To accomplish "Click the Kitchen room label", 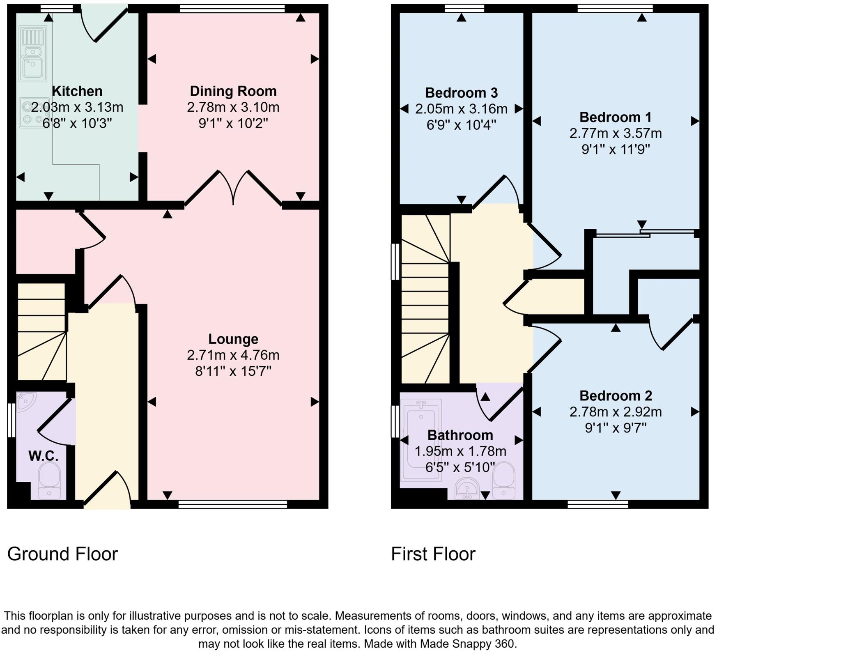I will tap(77, 91).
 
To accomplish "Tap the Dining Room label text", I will tap(233, 91).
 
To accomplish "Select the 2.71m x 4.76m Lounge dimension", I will tap(233, 355).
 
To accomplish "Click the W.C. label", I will tap(43, 455).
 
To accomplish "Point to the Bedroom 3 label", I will tap(461, 93).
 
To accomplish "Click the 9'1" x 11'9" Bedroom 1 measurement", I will tap(615, 149).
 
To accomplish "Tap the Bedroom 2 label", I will tap(615, 395).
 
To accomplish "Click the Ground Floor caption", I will tap(62, 554).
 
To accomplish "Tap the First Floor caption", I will tap(433, 554).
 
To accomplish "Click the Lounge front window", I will tap(233, 504).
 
